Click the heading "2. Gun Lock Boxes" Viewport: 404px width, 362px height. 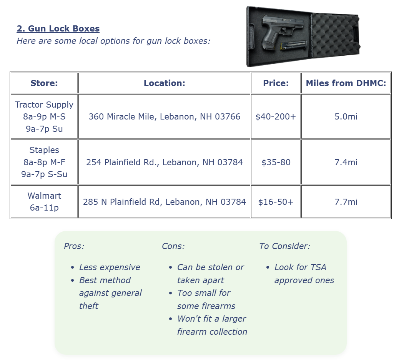[58, 29]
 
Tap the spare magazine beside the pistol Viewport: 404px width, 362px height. [293, 46]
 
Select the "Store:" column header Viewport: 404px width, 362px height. [44, 83]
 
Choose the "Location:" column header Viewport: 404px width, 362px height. [165, 83]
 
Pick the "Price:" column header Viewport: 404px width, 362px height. [276, 83]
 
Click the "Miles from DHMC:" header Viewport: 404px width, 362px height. [346, 83]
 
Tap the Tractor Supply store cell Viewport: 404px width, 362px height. [44, 116]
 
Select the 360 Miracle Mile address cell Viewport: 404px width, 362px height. [165, 116]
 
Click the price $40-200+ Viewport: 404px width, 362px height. [276, 116]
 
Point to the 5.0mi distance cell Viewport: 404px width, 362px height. [346, 116]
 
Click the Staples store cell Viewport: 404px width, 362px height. [44, 162]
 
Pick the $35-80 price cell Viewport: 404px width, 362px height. [276, 162]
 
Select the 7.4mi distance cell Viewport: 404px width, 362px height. [346, 162]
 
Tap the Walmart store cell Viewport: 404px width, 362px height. [44, 202]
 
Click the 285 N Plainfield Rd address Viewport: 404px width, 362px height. [165, 202]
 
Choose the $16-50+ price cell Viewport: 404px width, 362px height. [276, 202]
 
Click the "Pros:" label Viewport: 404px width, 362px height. [74, 246]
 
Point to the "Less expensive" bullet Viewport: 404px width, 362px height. [110, 267]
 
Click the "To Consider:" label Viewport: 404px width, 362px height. [284, 246]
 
